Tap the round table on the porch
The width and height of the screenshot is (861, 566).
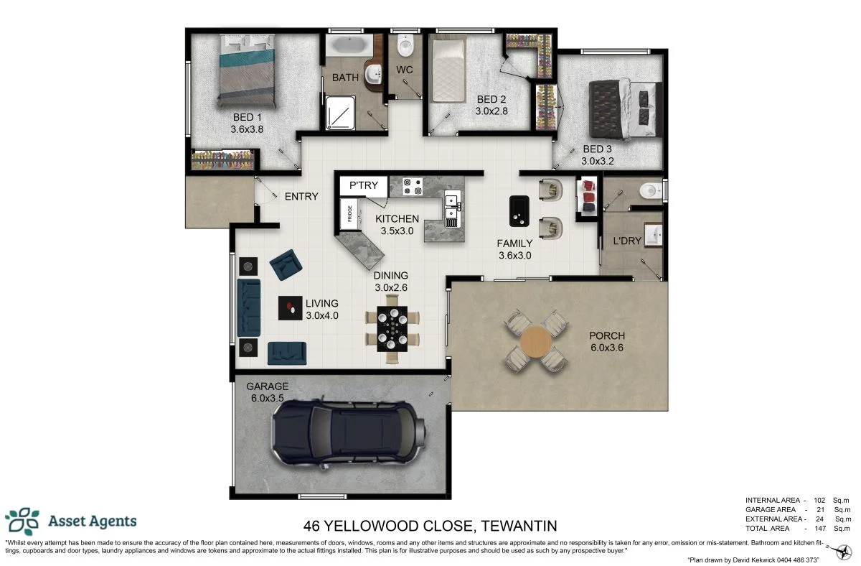(537, 340)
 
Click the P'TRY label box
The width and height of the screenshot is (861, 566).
(363, 186)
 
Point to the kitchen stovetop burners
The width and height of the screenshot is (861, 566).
(412, 187)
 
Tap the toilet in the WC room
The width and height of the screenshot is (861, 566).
(406, 48)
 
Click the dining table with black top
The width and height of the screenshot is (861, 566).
(392, 328)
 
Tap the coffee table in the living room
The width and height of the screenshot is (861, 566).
(290, 307)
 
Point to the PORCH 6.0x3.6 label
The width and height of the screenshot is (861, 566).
(607, 341)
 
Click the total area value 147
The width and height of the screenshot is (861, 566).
(820, 528)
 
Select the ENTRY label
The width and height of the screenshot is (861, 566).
(301, 197)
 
